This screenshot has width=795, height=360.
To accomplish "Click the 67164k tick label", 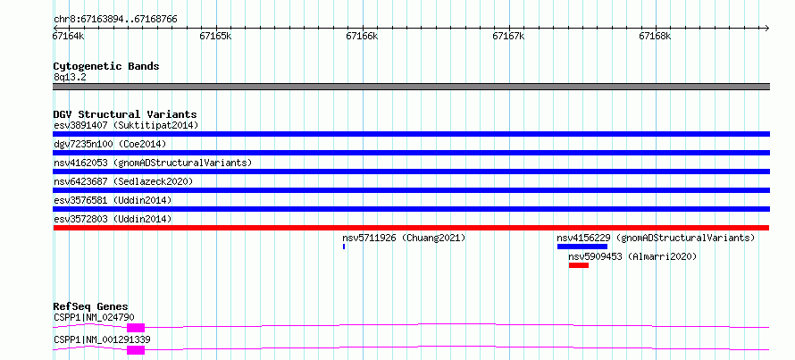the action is (69, 37).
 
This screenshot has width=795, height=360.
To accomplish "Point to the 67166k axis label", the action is (362, 37).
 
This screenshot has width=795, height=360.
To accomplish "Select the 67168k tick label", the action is (655, 37).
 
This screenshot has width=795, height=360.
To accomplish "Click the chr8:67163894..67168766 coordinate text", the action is (115, 20).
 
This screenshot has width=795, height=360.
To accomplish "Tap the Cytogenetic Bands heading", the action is (106, 66).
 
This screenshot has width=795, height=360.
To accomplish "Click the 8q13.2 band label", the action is (70, 78).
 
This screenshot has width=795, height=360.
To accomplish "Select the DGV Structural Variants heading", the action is (125, 114).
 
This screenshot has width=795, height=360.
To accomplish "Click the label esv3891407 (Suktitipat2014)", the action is (126, 125).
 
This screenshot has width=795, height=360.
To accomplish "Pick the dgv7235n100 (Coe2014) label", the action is (110, 144).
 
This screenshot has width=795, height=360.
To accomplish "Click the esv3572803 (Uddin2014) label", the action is (113, 219).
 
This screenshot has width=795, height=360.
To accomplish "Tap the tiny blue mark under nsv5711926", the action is (344, 247).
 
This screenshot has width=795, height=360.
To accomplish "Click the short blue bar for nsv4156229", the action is (582, 247).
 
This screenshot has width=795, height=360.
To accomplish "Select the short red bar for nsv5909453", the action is (579, 265).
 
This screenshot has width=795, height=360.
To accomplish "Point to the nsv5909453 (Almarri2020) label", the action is (632, 256).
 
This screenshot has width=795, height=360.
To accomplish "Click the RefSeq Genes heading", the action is (91, 306).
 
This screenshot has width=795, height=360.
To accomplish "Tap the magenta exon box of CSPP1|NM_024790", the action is (136, 328).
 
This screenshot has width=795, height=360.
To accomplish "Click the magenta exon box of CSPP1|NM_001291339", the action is (136, 350).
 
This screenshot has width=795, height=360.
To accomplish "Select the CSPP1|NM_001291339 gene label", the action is (102, 339).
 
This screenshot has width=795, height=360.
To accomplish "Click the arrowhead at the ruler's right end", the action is (767, 28).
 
